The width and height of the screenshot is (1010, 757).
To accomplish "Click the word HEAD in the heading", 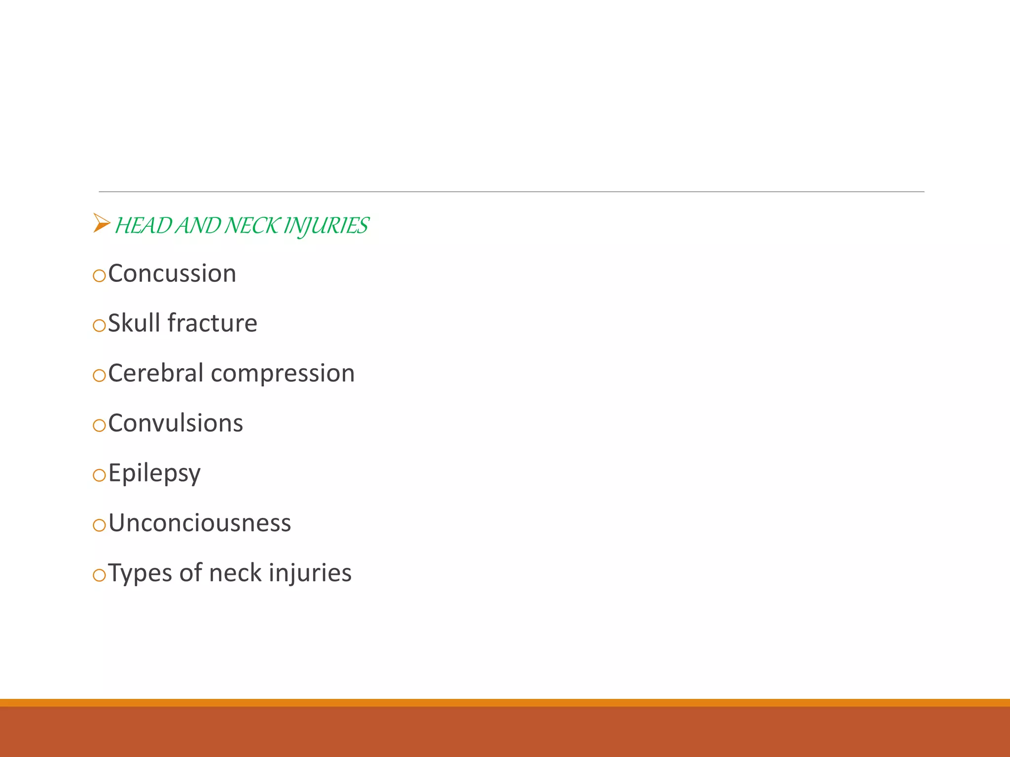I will pyautogui.click(x=143, y=226).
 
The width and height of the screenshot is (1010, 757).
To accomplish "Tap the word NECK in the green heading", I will pyautogui.click(x=251, y=226).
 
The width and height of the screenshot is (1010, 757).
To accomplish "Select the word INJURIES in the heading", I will pyautogui.click(x=326, y=226).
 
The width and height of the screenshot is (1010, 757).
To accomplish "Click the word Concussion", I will pyautogui.click(x=172, y=274).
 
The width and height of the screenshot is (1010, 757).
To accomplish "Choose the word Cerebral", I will pyautogui.click(x=155, y=373).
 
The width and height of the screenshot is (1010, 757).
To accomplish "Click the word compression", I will pyautogui.click(x=283, y=374).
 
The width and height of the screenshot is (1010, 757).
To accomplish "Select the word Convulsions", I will pyautogui.click(x=176, y=423).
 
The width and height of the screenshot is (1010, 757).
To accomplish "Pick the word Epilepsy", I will pyautogui.click(x=154, y=474).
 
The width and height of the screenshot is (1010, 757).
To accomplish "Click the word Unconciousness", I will pyautogui.click(x=200, y=523).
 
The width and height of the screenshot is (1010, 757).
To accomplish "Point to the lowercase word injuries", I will pyautogui.click(x=310, y=573).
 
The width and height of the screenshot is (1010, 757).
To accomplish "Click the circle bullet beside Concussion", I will pyautogui.click(x=99, y=275).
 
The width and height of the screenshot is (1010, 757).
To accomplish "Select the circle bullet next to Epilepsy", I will pyautogui.click(x=99, y=475).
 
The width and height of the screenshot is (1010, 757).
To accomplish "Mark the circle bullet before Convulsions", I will pyautogui.click(x=99, y=425).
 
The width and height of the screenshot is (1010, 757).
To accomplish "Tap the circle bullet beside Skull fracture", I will pyautogui.click(x=99, y=325).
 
